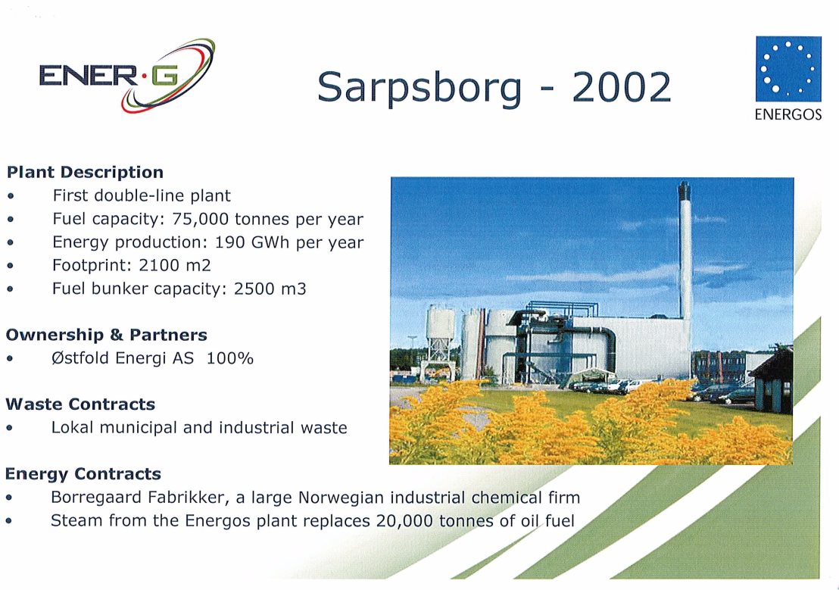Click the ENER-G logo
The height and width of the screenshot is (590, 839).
pos(127,76)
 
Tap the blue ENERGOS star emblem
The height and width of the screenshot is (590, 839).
pos(788,68)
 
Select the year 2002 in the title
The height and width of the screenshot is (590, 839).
pos(621,87)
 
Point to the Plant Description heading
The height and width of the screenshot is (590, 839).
pos(85,173)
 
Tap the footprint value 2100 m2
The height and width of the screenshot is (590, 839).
pos(175,265)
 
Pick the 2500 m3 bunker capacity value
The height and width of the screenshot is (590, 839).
pos(270,289)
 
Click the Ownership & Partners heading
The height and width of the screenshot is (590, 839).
pos(107,336)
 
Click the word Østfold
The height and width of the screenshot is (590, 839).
pos(81,358)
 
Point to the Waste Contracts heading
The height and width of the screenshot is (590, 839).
pos(80,404)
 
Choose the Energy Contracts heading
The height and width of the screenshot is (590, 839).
pos(83,474)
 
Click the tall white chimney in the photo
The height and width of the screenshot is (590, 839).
pos(685,251)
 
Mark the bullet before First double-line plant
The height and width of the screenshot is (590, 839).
pos(11,196)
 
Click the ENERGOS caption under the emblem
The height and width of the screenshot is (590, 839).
pos(788,114)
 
